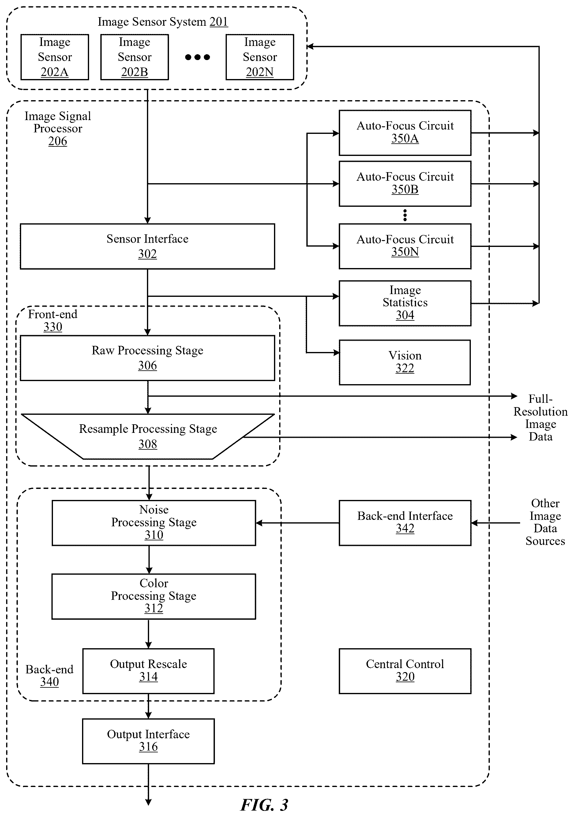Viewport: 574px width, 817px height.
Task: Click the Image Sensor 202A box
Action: (x=55, y=57)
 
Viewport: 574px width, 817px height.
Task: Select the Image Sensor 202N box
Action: (x=260, y=57)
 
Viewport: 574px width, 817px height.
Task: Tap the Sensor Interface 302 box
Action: (x=147, y=246)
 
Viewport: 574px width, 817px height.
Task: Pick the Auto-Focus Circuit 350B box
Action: (x=405, y=183)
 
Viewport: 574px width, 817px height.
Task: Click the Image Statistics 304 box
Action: (x=405, y=303)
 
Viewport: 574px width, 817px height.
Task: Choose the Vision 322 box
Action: (x=405, y=362)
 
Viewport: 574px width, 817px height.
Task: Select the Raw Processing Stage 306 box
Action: (x=147, y=358)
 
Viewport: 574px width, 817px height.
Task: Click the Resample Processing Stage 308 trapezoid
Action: (x=148, y=436)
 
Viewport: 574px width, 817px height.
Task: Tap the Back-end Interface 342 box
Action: (x=405, y=523)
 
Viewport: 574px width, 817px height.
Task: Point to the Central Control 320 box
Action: (x=405, y=671)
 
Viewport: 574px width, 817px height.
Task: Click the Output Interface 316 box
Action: (x=148, y=741)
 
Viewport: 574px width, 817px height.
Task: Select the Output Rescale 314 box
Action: (x=148, y=671)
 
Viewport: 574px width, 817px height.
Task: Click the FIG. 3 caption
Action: (x=264, y=804)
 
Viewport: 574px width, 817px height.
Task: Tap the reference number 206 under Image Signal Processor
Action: (x=58, y=141)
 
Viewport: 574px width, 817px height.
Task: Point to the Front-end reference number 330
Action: (x=53, y=327)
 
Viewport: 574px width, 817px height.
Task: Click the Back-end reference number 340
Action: (x=49, y=682)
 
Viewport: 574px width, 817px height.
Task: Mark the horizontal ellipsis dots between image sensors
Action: (x=197, y=57)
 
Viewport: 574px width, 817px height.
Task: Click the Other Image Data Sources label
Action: (x=545, y=522)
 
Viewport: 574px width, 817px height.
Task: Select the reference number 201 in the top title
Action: (x=219, y=22)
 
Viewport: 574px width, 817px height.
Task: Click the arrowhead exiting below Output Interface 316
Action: (x=148, y=802)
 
